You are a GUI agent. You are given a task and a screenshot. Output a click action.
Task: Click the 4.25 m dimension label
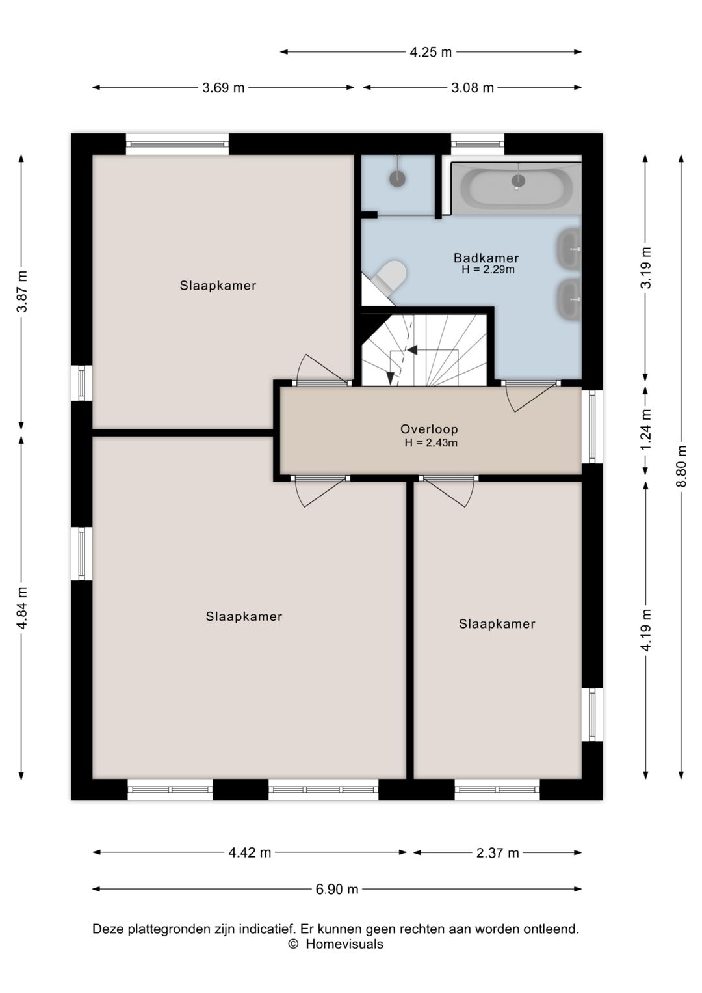pyautogui.click(x=430, y=52)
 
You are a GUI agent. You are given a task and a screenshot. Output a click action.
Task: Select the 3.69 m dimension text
pyautogui.click(x=223, y=88)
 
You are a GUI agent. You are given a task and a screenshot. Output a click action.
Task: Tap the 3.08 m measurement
pyautogui.click(x=472, y=88)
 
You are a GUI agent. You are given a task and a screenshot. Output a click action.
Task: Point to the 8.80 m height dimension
pyautogui.click(x=681, y=467)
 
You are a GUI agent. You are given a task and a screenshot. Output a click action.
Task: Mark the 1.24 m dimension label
pyautogui.click(x=646, y=429)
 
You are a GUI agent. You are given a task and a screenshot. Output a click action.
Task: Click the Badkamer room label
pyautogui.click(x=486, y=258)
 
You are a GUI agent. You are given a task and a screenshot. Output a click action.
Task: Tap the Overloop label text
pyautogui.click(x=429, y=429)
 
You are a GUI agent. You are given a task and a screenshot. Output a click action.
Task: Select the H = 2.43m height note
pyautogui.click(x=430, y=442)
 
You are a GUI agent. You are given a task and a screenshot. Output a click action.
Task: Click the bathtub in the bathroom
pyautogui.click(x=516, y=188)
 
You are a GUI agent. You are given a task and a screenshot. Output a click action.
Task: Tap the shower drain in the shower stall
pyautogui.click(x=397, y=178)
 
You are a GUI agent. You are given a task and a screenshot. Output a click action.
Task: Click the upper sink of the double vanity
pyautogui.click(x=569, y=249)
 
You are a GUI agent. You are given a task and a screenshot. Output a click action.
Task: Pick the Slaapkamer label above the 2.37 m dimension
pyautogui.click(x=497, y=624)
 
